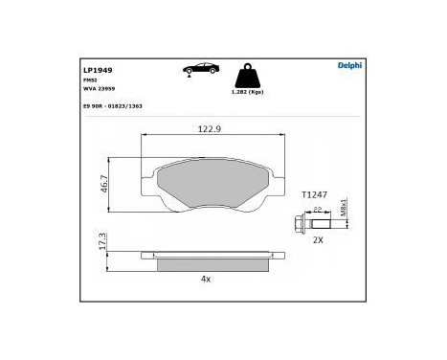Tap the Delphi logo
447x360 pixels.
(348, 65)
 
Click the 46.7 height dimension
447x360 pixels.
(104, 184)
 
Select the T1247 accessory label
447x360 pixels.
(315, 194)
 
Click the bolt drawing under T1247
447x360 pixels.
(311, 225)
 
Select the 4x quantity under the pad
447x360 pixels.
(205, 279)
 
